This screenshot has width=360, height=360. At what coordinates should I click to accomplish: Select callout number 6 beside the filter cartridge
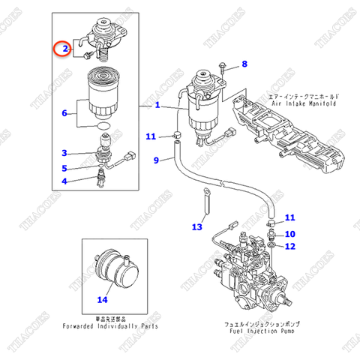(66, 114)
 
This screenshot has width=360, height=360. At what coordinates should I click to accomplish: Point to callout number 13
(197, 226)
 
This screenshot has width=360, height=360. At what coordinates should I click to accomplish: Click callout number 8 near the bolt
(244, 65)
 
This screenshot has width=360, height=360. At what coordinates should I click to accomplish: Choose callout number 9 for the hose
(157, 160)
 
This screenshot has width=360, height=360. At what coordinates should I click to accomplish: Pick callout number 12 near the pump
(290, 246)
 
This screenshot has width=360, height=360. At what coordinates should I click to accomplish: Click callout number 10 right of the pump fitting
(290, 234)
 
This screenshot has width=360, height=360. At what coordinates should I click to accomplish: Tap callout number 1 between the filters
(157, 106)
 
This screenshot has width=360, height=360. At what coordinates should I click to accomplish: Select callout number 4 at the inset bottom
(65, 181)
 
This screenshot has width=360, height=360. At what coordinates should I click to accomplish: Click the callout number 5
(65, 168)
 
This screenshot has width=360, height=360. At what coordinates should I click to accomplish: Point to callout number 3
(65, 153)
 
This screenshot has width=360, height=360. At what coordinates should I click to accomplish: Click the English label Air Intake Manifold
(296, 105)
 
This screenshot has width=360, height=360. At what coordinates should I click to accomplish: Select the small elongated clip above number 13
(202, 201)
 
